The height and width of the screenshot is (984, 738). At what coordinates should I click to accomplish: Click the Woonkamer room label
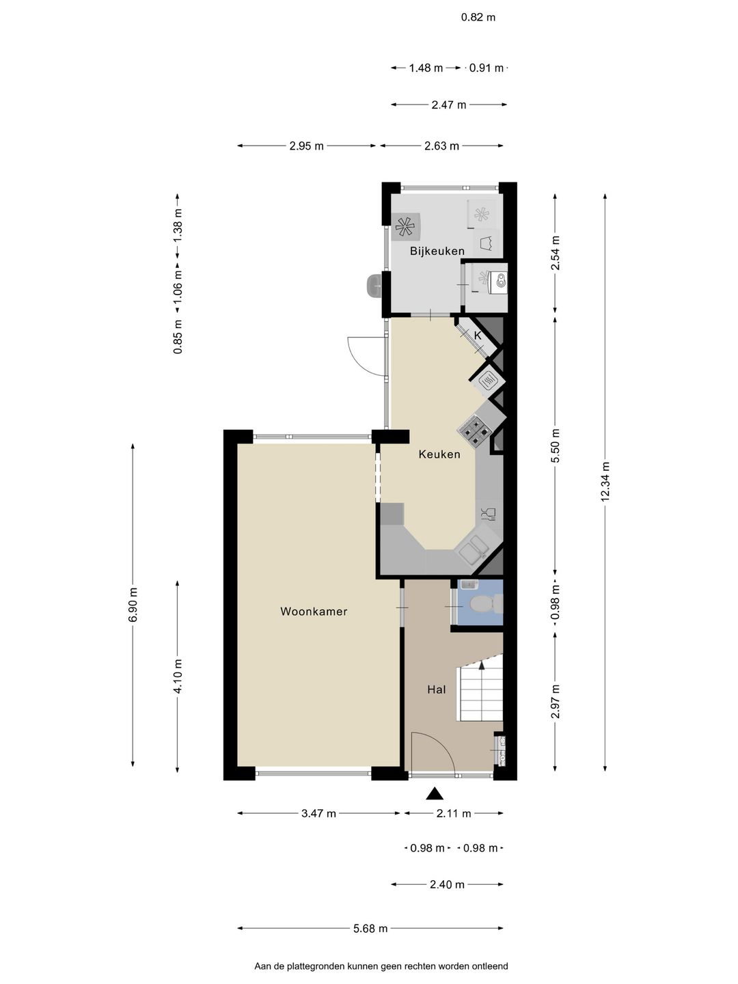(314, 612)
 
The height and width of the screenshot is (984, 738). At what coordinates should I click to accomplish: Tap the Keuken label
(439, 454)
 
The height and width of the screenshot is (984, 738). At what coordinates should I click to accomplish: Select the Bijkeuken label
(437, 251)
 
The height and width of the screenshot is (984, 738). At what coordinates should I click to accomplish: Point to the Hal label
(437, 689)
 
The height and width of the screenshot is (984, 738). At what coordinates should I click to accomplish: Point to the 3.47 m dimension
(318, 825)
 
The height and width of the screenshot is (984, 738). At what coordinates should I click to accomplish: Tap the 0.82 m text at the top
(478, 18)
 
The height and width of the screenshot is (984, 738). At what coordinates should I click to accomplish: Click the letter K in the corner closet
(477, 336)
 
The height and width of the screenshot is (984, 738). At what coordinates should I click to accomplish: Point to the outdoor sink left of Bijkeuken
(374, 285)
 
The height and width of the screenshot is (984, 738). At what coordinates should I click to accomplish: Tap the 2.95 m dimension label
(307, 146)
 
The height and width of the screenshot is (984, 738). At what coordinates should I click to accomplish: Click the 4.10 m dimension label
(178, 676)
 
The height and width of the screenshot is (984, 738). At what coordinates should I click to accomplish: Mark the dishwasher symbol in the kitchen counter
(489, 513)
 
